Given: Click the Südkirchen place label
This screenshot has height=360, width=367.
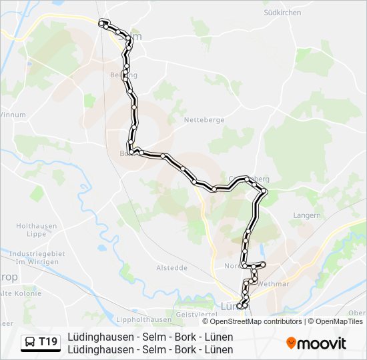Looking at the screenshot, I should point(282,13).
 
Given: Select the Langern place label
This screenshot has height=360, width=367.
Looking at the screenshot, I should point(307,215).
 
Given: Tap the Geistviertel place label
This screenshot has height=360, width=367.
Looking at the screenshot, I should point(194,314).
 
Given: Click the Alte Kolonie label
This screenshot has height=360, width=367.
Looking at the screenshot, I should point(20,293).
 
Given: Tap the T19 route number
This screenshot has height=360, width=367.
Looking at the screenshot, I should point(48,342).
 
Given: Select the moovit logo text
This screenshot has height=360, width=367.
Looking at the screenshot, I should point(322,343).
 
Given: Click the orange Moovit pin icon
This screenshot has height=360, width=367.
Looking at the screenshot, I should point(291,343).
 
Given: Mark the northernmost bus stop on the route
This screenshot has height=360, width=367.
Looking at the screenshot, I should point(103,23).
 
